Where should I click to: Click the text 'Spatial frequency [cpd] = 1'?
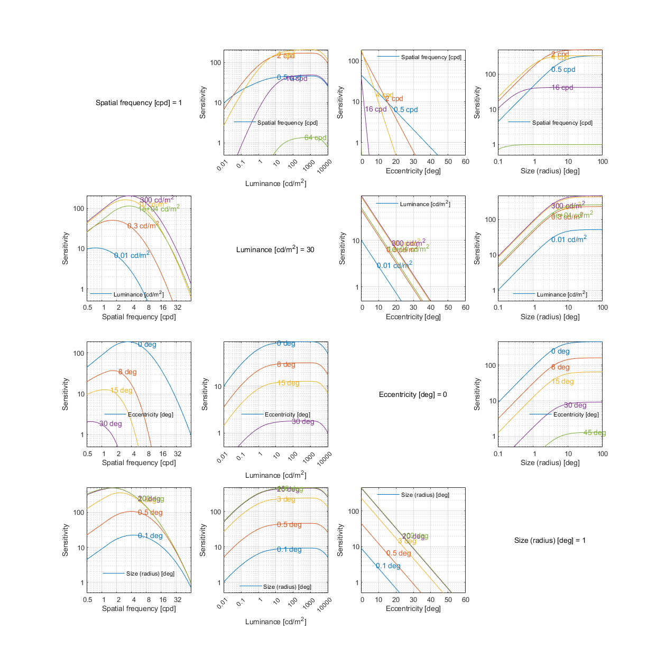point(138,103)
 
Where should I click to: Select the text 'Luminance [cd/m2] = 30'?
point(275,249)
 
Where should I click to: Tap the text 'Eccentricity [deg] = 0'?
point(413,394)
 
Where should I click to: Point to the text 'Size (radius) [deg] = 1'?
point(550,540)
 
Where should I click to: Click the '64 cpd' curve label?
point(316,138)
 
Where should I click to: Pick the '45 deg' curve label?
point(595,433)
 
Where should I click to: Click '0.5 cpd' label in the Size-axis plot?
point(563,70)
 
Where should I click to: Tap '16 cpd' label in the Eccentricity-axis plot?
point(376,109)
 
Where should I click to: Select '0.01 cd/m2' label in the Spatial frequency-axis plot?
point(132,255)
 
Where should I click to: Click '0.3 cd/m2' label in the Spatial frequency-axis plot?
point(143,226)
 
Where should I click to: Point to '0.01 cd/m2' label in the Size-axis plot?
point(569,239)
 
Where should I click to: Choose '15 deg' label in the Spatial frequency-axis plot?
point(121,391)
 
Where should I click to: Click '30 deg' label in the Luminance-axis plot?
point(303,422)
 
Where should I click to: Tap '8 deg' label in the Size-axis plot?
point(560,367)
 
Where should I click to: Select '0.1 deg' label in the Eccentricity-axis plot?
point(388,566)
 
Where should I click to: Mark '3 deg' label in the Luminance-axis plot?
point(286,499)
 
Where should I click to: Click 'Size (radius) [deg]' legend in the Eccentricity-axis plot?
point(425,495)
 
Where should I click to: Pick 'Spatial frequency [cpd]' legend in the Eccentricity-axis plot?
point(431,57)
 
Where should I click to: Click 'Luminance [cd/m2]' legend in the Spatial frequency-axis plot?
point(138,294)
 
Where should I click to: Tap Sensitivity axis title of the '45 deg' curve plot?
point(477,394)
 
